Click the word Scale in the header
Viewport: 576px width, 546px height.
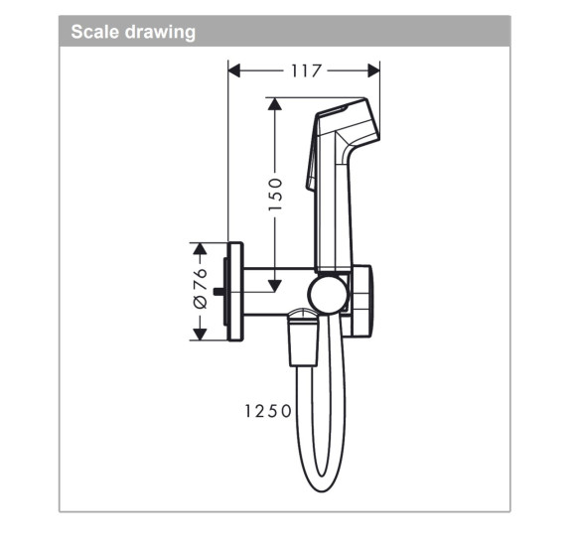pos(92,32)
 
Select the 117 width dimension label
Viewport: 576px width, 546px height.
pos(305,69)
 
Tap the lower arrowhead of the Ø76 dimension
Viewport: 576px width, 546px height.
pos(200,334)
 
